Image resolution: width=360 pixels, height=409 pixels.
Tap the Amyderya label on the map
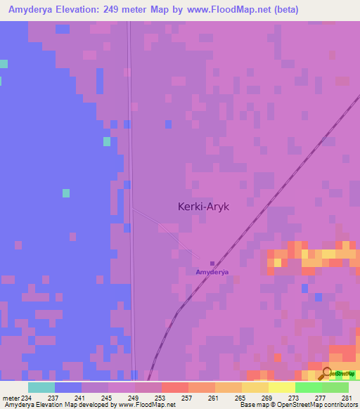(212, 271)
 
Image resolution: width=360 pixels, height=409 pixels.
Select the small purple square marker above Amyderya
(212, 264)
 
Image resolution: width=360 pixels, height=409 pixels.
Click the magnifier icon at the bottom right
(327, 373)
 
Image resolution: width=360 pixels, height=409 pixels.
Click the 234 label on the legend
(27, 398)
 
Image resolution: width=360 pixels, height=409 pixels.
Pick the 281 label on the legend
(347, 398)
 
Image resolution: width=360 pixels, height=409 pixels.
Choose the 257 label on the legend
(186, 398)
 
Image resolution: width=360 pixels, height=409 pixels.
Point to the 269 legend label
(266, 398)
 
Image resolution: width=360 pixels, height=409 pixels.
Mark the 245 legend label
(106, 398)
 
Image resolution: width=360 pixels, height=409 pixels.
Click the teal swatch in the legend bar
(41, 387)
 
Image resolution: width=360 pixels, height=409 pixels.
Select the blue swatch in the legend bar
(67, 387)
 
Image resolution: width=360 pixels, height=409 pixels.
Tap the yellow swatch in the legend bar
(281, 387)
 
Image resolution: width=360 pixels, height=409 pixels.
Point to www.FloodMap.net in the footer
(139, 405)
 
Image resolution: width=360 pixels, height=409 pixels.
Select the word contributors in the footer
(340, 405)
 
